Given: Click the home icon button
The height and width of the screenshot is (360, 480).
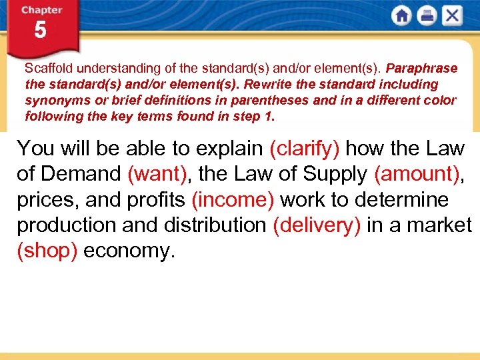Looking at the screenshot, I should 401,15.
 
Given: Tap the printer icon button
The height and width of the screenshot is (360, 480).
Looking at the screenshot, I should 427,15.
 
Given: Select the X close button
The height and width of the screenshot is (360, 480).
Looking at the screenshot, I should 452,15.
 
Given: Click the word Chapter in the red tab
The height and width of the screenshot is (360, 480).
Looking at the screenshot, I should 41,10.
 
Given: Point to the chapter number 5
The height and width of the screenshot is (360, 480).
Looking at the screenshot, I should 40,31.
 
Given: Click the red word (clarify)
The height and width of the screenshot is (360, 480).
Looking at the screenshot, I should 304,148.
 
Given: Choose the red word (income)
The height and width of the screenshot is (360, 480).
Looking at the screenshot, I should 234,200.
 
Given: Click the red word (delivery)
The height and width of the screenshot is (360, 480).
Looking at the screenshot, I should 317,225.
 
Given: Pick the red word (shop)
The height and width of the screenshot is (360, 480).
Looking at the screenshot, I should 48,251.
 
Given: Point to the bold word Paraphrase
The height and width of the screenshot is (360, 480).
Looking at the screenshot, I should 421,69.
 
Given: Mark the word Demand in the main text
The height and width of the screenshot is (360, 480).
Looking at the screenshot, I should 80,174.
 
